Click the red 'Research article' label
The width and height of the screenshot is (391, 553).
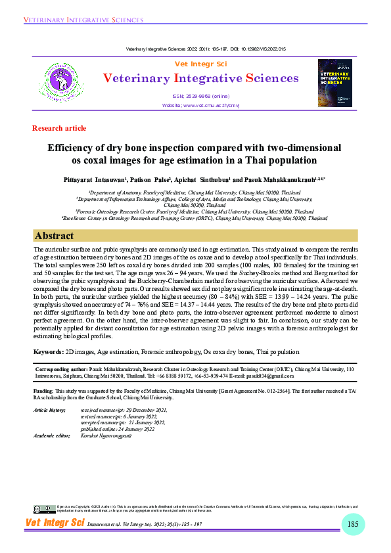(x=59, y=128)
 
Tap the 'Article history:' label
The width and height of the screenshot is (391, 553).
(x=50, y=410)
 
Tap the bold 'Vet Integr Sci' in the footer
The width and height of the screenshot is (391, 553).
(x=55, y=523)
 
